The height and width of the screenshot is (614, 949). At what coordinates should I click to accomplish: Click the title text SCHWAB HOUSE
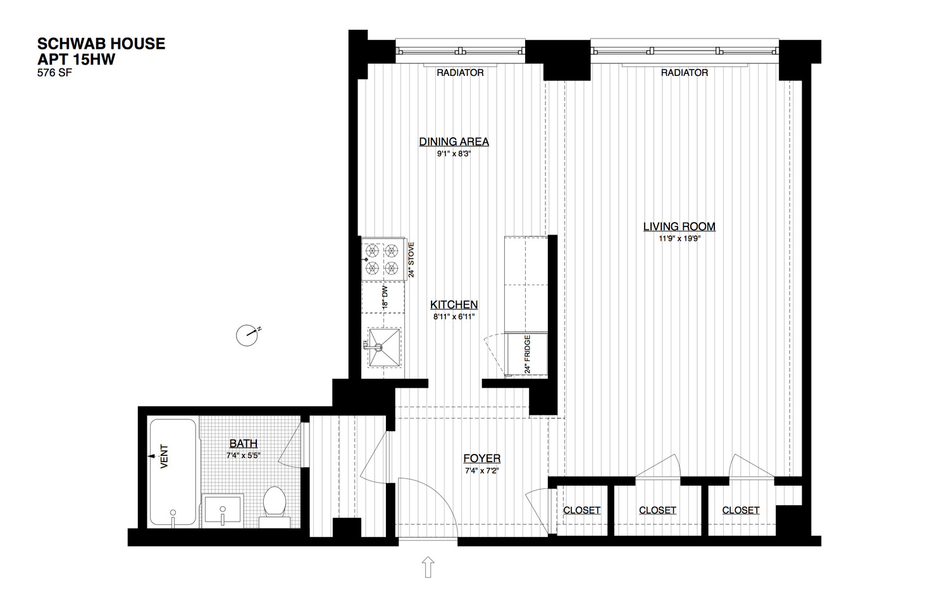(101, 44)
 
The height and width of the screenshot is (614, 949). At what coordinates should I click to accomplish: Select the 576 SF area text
(54, 73)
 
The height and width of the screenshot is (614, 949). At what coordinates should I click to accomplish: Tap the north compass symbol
(247, 335)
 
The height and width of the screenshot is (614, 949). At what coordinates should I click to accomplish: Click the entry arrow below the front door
(428, 567)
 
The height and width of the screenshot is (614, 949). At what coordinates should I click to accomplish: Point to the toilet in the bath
(275, 503)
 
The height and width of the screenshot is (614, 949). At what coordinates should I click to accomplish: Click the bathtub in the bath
(173, 473)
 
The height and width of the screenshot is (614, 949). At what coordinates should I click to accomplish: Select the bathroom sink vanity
(223, 510)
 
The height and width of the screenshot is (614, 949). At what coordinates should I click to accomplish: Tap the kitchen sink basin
(384, 347)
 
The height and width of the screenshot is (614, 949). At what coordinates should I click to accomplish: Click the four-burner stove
(383, 259)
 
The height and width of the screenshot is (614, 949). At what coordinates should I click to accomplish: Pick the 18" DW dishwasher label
(385, 297)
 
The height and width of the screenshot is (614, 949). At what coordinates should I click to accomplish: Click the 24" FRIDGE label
(527, 355)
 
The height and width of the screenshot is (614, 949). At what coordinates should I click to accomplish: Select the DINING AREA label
(454, 142)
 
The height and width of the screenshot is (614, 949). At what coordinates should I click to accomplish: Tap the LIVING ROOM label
(679, 226)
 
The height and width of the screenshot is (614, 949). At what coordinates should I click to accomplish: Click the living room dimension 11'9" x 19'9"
(679, 239)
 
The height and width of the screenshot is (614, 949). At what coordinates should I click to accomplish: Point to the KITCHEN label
(454, 305)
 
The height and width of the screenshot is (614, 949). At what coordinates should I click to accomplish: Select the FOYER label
(481, 458)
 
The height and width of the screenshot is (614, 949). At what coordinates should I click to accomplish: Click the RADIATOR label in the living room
(684, 73)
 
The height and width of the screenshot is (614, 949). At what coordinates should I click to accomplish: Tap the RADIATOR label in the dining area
(460, 73)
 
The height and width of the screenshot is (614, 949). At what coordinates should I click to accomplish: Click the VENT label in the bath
(164, 456)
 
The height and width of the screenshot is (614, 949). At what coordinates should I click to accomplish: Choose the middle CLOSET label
(657, 510)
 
